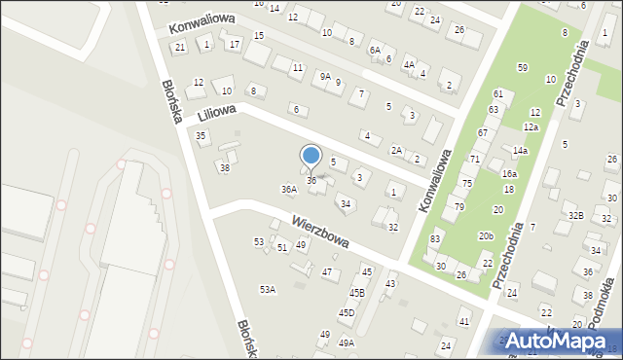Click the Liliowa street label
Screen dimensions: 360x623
coord(218,114)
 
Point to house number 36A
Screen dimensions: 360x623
coord(289,190)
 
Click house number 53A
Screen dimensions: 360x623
coord(267,289)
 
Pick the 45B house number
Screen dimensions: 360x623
coord(357,292)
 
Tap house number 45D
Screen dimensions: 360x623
coord(347,312)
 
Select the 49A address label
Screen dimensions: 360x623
coord(347,342)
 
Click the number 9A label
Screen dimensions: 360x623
coord(326,75)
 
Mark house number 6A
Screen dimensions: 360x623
coord(375,49)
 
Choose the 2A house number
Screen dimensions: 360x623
coord(397,150)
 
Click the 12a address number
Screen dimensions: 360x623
coord(531,127)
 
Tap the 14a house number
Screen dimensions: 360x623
coord(521,151)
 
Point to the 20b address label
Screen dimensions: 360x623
coord(486,236)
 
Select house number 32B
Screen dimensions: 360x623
coord(576,215)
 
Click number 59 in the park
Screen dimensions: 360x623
coord(523,67)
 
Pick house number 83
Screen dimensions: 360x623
coord(435,239)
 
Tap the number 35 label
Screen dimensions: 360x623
coord(201,135)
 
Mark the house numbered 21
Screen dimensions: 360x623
coord(179,47)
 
